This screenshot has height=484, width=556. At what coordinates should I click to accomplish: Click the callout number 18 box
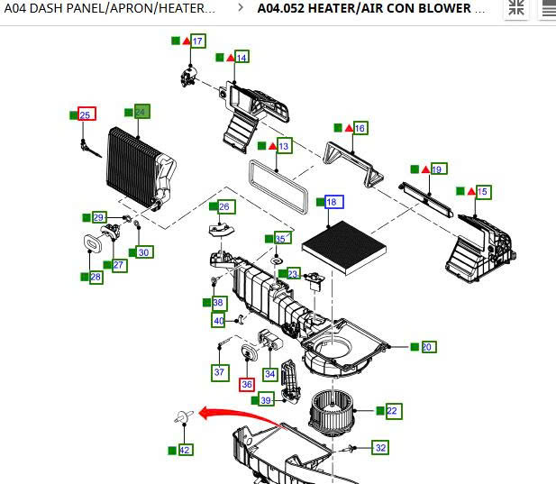[x=332, y=202]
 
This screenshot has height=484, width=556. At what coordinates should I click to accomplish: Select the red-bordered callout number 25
[x=87, y=114]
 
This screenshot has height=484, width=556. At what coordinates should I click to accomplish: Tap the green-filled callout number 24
[x=141, y=112]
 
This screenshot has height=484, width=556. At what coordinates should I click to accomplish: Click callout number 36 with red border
[x=247, y=384]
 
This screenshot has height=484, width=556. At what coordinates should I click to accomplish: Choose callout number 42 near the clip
[x=185, y=449]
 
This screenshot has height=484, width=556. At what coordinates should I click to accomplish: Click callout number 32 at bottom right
[x=380, y=447]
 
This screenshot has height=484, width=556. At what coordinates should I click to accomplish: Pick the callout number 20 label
[x=427, y=347]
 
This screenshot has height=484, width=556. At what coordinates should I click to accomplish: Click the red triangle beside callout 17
[x=186, y=41]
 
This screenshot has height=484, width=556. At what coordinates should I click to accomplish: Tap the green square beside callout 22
[x=380, y=411]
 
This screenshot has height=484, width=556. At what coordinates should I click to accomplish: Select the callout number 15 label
[x=483, y=192]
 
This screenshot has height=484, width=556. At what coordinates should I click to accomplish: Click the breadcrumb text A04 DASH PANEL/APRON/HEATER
[x=110, y=8]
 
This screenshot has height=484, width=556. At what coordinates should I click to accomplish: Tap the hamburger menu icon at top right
[x=547, y=8]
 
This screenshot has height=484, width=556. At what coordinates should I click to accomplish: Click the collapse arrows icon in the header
[x=516, y=8]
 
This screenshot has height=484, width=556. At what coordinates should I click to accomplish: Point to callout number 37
[x=219, y=371]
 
